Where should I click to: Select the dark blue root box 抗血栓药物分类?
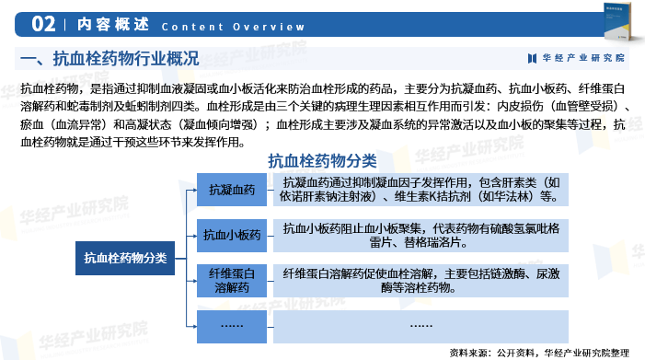[125, 258]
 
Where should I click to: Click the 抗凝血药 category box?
[232, 190]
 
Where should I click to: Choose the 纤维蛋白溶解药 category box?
[232, 281]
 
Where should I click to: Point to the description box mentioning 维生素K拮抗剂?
[420, 190]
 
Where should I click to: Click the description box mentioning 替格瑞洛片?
[420, 234]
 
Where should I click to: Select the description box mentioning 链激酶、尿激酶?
[420, 281]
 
